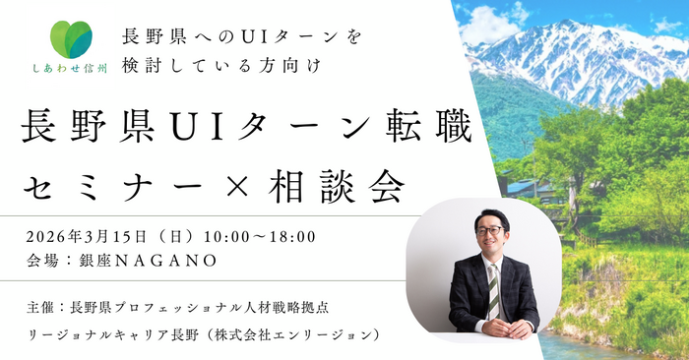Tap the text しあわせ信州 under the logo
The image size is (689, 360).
[x=66, y=71]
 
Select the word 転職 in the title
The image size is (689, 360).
[x=432, y=129]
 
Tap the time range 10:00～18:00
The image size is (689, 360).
[x=261, y=236]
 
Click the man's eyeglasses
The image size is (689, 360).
[x=489, y=232]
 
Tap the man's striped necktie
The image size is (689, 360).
[x=494, y=286]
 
